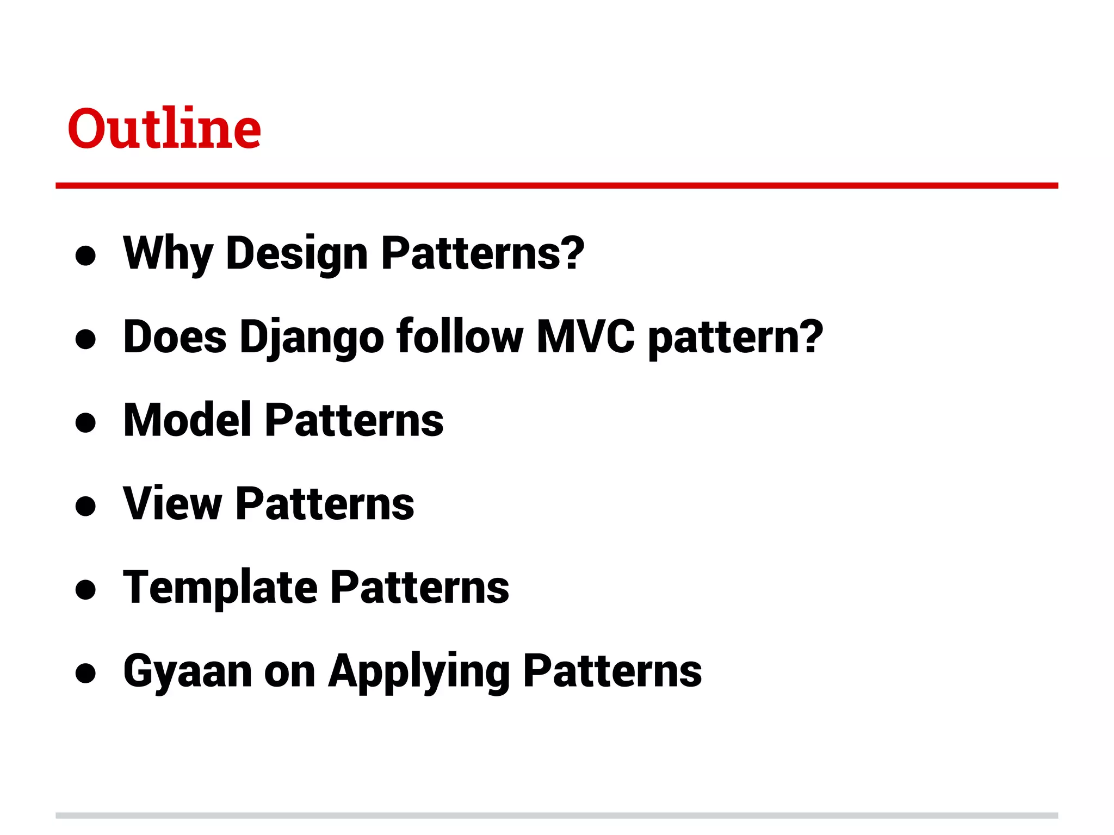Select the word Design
click(296, 253)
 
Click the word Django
click(312, 337)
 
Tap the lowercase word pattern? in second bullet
click(735, 337)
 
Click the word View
click(172, 503)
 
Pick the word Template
click(220, 587)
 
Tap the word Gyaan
click(188, 672)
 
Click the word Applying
click(419, 672)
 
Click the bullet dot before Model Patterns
click(86, 422)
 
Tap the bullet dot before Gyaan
click(86, 673)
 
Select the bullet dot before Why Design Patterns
click(86, 256)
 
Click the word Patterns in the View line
click(325, 503)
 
